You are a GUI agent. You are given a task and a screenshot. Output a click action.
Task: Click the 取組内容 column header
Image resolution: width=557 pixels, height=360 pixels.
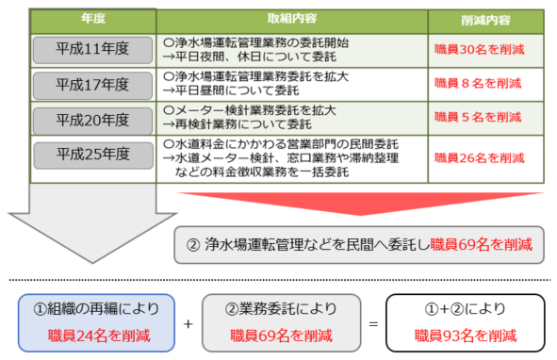tap(292, 19)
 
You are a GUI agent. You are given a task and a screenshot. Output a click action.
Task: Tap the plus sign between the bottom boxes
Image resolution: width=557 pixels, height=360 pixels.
tap(188, 323)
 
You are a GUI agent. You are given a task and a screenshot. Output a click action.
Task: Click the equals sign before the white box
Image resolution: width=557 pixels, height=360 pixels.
tap(374, 323)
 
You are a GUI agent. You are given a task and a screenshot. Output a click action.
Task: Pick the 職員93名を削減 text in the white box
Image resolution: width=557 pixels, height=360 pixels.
tap(467, 335)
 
